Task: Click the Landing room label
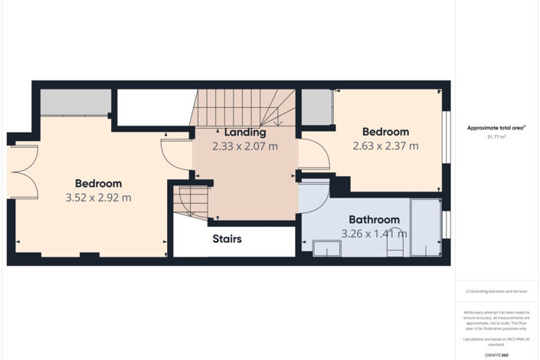(245, 133)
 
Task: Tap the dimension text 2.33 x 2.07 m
(245, 146)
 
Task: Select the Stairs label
(227, 239)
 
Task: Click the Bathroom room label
(375, 220)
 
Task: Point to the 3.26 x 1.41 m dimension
(375, 234)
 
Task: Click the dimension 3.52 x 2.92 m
(99, 198)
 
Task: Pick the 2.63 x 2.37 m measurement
(385, 146)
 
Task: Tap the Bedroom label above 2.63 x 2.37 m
(385, 132)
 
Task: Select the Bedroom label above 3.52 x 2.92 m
(99, 184)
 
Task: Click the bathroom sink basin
(327, 248)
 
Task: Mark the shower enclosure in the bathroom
(426, 227)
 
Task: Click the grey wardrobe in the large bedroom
(75, 103)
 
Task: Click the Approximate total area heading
(496, 127)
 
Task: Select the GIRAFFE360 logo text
(496, 355)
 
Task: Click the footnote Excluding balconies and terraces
(496, 292)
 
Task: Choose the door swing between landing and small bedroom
(314, 155)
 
